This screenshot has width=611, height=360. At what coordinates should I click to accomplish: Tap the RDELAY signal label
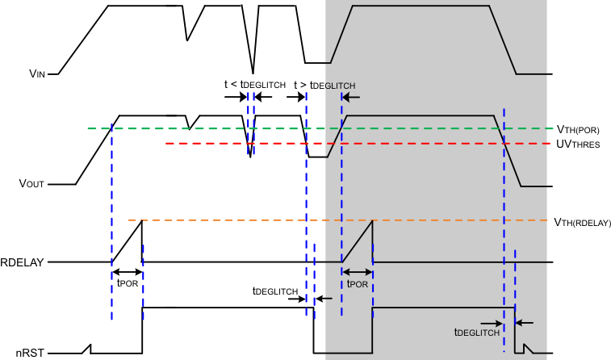[x=22, y=262]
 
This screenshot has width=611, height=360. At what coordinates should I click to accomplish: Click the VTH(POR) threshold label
[x=578, y=128]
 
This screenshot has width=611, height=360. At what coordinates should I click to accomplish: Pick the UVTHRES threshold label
[x=578, y=144]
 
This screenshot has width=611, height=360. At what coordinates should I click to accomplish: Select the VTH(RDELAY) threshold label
[x=582, y=221]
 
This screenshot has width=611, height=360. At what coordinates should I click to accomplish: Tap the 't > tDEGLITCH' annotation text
[x=324, y=84]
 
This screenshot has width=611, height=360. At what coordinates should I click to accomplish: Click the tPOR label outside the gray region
[x=127, y=283]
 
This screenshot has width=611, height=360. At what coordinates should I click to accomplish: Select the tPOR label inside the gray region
[x=358, y=283]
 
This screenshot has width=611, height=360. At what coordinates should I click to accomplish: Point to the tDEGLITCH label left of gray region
[x=275, y=291]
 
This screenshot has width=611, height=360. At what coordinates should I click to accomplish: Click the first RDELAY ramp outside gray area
[x=127, y=241]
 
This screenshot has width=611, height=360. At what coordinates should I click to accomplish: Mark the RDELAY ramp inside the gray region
[x=358, y=241]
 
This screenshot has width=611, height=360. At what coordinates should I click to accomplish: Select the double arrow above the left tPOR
[x=127, y=271]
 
